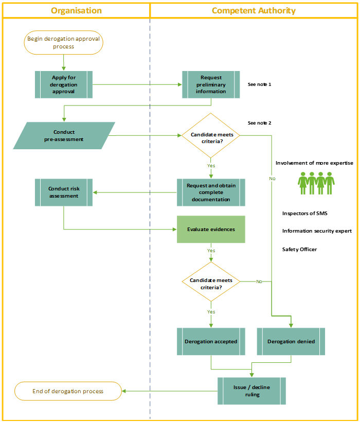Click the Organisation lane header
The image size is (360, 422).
click(x=76, y=10)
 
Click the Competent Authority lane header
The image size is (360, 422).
click(x=254, y=10)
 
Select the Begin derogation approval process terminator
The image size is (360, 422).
click(x=63, y=43)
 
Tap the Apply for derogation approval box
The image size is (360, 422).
click(x=64, y=84)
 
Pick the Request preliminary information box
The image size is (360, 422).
click(x=211, y=84)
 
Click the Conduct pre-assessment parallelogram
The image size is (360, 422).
click(x=64, y=135)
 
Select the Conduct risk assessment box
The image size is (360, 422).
click(x=64, y=192)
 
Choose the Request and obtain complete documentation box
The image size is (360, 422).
click(x=211, y=192)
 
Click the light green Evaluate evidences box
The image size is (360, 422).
click(x=211, y=229)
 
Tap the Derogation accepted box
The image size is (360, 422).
click(x=211, y=341)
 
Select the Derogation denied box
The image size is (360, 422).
click(x=291, y=341)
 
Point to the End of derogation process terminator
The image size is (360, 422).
click(x=68, y=391)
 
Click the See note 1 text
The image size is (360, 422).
click(x=259, y=84)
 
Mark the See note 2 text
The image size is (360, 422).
click(x=259, y=123)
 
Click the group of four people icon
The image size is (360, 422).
click(x=316, y=183)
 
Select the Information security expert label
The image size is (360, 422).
click(x=316, y=231)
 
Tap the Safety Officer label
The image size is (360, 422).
click(x=299, y=250)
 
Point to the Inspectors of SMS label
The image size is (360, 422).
click(x=304, y=213)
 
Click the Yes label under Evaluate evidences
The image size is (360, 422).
click(x=211, y=251)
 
